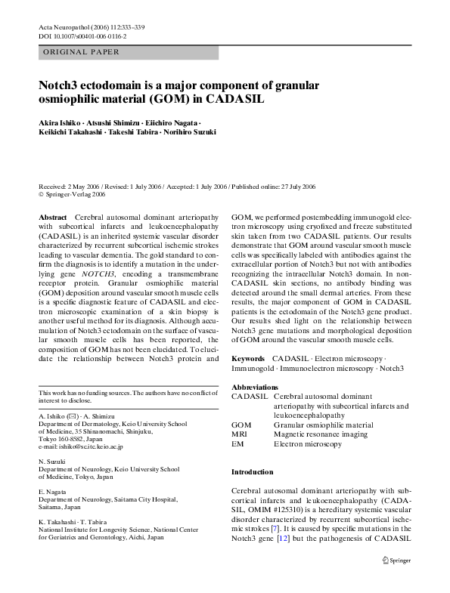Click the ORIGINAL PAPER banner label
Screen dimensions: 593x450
[x=79, y=53]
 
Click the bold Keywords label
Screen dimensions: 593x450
[x=248, y=357]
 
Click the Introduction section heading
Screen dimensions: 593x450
[x=252, y=472]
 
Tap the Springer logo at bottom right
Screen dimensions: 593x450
[x=396, y=561]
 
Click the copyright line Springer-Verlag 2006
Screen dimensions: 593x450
[x=75, y=194]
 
